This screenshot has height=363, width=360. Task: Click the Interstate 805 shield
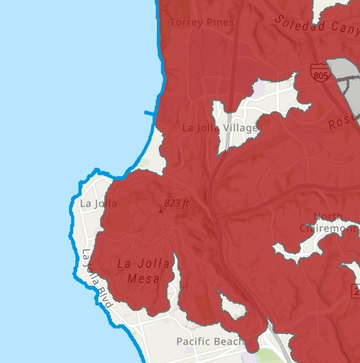point(320,72)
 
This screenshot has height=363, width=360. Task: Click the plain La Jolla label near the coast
point(98,204)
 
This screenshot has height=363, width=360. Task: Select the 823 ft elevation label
point(177,204)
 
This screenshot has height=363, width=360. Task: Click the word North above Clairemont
point(328,217)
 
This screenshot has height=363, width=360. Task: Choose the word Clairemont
point(329,228)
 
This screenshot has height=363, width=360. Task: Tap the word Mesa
point(143,279)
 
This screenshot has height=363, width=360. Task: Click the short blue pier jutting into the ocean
point(150,112)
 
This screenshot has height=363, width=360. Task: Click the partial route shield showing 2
point(355,293)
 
